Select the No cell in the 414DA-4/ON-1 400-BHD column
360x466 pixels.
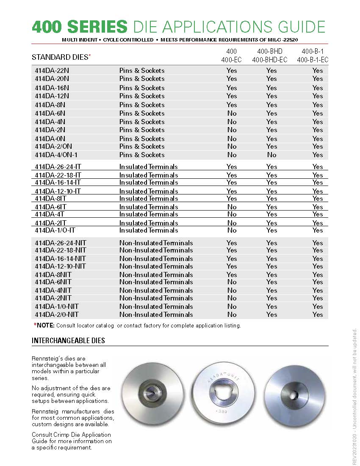271,155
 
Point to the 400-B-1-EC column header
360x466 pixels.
313,60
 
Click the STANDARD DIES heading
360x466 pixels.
61,57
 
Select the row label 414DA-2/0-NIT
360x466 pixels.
57,314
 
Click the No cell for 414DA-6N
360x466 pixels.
232,113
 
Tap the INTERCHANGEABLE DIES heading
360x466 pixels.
68,341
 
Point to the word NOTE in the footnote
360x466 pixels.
45,325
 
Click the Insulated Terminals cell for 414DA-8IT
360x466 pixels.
149,198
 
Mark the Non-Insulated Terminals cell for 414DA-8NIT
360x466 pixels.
156,275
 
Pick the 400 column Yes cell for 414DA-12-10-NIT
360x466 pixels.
232,266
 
